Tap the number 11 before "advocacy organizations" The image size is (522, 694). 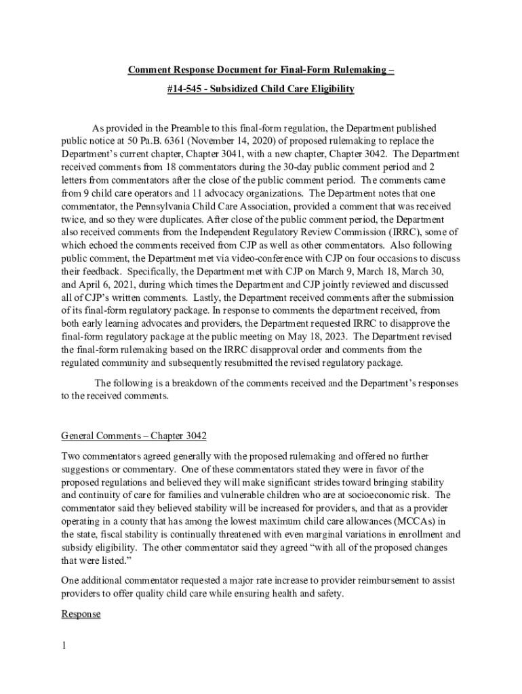[176, 193]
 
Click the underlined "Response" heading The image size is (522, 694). [81, 614]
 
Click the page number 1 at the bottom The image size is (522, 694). [64, 646]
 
